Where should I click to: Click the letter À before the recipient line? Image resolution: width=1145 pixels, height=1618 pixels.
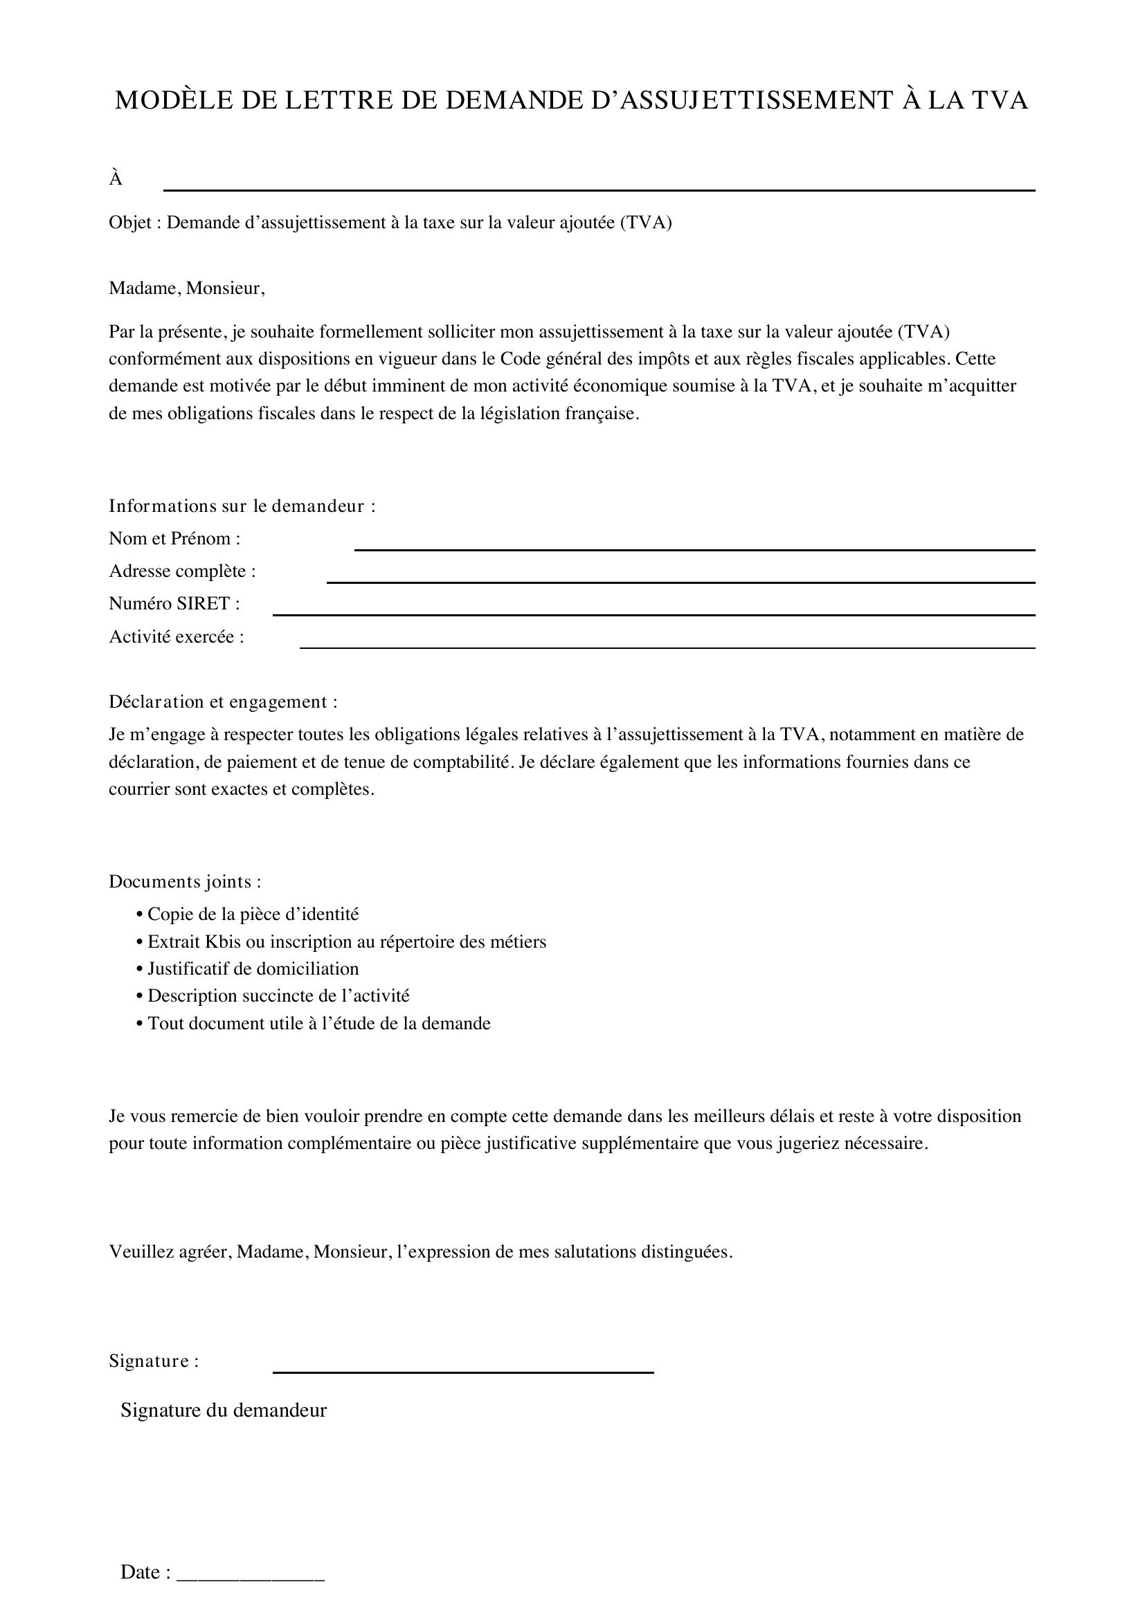116,180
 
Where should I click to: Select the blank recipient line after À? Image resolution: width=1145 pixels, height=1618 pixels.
599,190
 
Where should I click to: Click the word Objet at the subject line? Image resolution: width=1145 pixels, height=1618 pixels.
129,223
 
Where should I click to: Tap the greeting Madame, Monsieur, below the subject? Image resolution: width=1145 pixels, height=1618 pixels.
187,288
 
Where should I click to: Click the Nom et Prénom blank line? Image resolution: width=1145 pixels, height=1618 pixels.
694,549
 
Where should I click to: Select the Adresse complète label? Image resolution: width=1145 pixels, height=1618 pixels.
182,571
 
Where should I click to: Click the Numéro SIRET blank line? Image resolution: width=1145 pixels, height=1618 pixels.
653,614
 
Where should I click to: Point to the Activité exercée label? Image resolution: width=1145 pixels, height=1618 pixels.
177,636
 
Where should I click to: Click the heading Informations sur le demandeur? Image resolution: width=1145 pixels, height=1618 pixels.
242,506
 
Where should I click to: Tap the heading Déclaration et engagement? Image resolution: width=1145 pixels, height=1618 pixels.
223,702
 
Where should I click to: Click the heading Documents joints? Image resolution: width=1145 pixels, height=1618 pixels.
185,881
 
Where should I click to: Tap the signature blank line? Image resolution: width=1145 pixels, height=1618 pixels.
462,1371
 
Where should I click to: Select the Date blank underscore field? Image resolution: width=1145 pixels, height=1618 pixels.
250,1573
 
